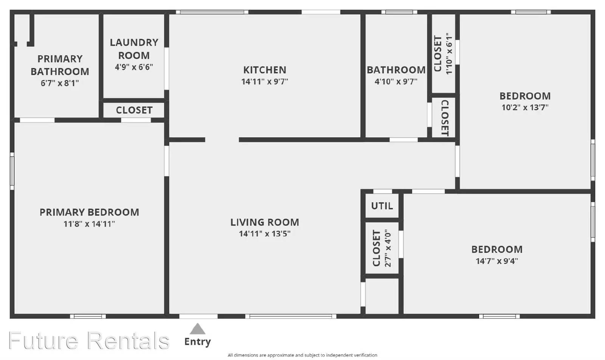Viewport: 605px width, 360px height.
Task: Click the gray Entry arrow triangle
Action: (197, 329)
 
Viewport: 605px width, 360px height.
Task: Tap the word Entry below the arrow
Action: (197, 342)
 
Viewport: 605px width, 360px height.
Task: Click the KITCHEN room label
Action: (265, 70)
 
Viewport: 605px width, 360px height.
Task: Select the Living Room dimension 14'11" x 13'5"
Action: (265, 234)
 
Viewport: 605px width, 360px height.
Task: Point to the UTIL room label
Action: (382, 206)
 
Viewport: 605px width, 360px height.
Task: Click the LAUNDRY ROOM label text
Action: (134, 49)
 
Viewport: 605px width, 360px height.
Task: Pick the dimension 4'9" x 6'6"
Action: (134, 67)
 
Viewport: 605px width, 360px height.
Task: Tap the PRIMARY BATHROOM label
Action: (60, 65)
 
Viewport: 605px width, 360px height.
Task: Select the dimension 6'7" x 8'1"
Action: (60, 83)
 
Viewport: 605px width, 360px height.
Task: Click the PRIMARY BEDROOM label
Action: (89, 212)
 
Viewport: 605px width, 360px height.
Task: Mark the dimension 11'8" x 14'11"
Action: (89, 224)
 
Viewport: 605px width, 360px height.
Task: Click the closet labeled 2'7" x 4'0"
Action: (382, 248)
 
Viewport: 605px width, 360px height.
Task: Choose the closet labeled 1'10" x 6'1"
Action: (443, 53)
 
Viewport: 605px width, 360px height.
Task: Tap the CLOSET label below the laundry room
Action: (134, 110)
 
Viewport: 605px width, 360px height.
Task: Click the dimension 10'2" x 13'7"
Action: (525, 107)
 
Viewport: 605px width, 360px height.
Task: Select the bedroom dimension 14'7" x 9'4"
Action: (497, 261)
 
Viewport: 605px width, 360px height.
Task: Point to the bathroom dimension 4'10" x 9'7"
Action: (396, 81)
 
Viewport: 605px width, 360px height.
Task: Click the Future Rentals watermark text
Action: (89, 341)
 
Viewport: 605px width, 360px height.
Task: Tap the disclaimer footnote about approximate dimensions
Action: (302, 355)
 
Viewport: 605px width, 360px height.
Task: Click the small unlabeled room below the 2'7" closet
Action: (382, 296)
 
